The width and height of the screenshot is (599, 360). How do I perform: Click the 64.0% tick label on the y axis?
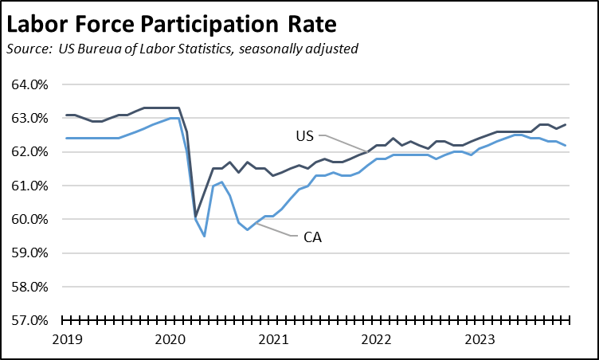(29, 84)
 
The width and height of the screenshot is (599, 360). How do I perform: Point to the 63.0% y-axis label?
(29, 119)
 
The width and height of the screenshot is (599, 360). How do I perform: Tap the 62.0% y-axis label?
(29, 152)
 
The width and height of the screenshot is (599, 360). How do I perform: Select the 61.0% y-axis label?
(29, 186)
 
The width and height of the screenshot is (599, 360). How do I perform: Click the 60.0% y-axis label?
(29, 220)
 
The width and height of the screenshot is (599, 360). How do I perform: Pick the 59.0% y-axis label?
(29, 253)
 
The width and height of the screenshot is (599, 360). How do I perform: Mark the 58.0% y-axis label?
(29, 287)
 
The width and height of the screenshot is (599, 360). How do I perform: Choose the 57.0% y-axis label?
(29, 321)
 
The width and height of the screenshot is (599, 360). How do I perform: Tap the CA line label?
(311, 237)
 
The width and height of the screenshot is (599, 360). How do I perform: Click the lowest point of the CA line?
(204, 237)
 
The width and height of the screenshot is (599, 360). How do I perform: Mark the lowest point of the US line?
(195, 216)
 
